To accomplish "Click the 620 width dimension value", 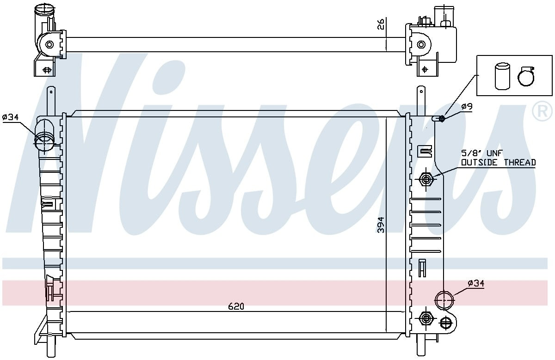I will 235,306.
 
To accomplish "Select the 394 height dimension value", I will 381,225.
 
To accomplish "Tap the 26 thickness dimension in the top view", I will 381,24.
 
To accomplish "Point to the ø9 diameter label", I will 466,107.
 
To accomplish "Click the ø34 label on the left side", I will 10,117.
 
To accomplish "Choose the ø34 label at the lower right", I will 476,283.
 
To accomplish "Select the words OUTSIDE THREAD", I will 498,162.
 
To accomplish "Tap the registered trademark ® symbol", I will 542,111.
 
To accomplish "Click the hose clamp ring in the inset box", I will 525,76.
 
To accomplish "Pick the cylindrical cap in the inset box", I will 501,76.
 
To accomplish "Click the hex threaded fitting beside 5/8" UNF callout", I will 425,179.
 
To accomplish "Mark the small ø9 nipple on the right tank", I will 441,119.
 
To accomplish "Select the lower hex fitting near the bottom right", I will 425,318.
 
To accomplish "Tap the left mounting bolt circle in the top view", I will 49,45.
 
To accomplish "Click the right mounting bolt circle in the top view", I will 421,45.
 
